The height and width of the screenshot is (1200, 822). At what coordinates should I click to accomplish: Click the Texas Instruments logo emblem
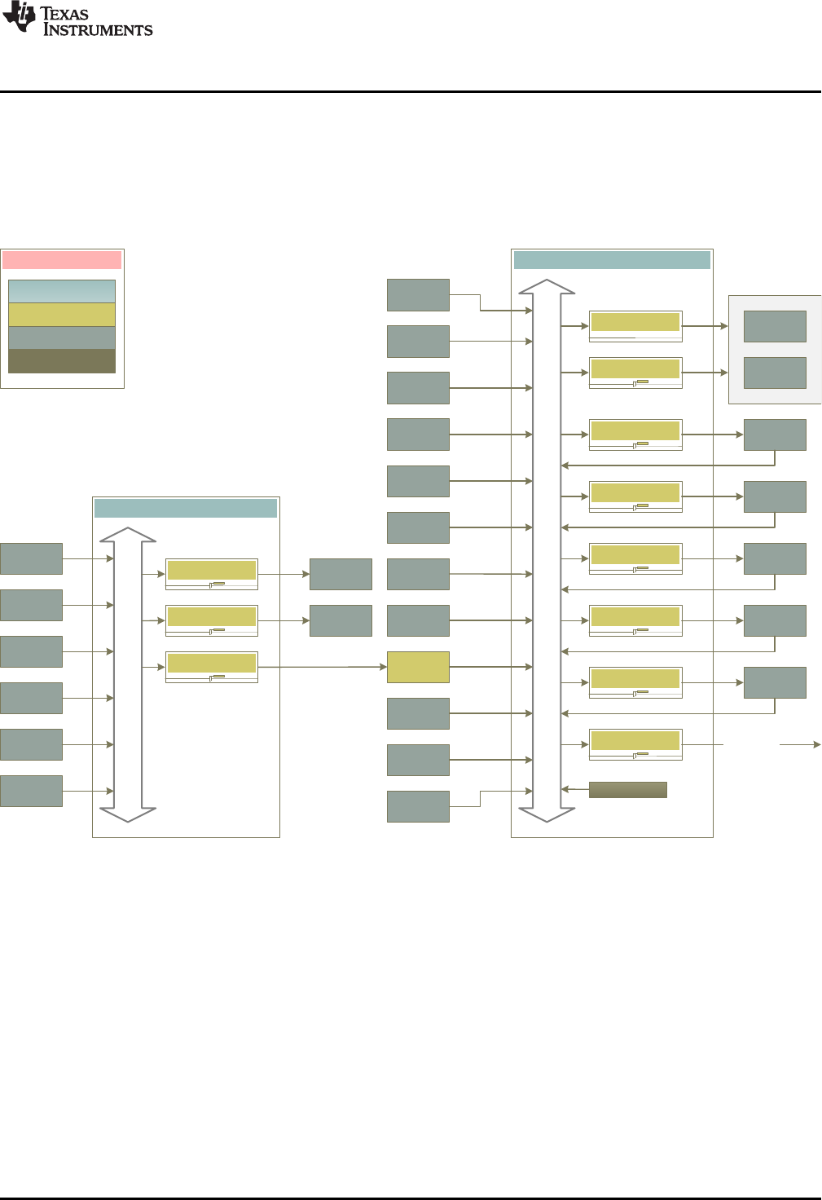[19, 17]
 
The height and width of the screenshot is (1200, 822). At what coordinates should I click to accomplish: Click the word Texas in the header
[64, 14]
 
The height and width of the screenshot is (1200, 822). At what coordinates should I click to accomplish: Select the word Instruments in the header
[98, 30]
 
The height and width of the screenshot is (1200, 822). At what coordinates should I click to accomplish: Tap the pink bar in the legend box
[62, 260]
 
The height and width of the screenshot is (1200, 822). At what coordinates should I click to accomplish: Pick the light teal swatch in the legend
[62, 291]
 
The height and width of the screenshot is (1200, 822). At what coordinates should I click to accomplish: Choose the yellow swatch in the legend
[62, 315]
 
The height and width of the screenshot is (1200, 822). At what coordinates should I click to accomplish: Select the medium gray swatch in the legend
[62, 337]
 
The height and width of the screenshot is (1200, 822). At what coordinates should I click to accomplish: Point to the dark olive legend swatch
[62, 361]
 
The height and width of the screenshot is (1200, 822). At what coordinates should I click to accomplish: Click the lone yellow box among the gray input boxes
[418, 667]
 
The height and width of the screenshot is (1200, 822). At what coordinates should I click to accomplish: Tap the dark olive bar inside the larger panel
[627, 789]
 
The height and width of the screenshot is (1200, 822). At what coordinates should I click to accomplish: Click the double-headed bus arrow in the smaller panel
[128, 674]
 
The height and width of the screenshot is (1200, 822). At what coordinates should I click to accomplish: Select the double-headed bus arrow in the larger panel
[547, 550]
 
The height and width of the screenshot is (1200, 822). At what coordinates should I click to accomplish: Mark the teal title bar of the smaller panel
[186, 509]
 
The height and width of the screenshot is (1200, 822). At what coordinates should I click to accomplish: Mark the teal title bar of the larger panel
[612, 260]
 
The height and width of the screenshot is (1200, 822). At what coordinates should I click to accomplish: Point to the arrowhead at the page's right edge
[816, 744]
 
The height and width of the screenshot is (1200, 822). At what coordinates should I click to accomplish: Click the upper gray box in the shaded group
[775, 326]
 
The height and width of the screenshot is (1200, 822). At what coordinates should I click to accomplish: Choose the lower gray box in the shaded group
[775, 373]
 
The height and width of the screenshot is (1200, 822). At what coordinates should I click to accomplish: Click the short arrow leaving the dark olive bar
[575, 789]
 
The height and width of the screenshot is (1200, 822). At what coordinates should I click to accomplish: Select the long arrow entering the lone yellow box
[322, 667]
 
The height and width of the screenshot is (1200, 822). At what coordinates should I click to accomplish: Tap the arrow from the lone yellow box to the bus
[490, 667]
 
